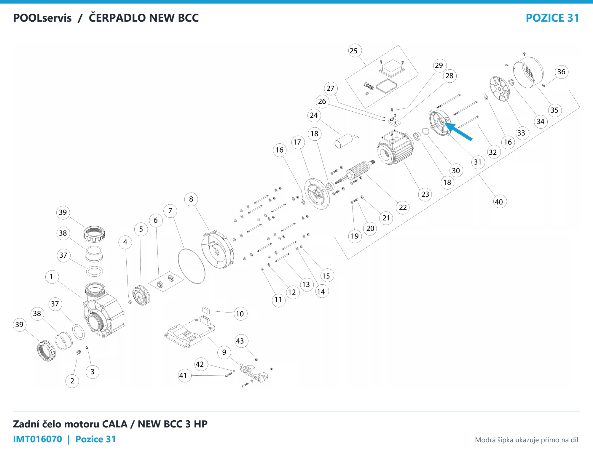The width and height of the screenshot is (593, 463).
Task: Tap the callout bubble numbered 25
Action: pos(353,51)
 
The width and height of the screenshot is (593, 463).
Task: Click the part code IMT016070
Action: pos(38,439)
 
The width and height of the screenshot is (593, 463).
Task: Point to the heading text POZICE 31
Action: pos(552,18)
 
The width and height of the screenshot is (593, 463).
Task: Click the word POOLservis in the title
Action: pos(42,18)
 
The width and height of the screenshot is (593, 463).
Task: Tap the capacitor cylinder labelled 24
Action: pos(344,141)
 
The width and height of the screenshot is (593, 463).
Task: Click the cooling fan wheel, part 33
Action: pos(500,89)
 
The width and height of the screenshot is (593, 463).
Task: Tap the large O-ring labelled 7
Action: pos(192,266)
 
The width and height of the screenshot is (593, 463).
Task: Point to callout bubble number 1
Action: pos(52,277)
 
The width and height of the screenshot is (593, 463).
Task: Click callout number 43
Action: pos(240,341)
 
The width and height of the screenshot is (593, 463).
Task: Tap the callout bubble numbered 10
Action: pos(240,314)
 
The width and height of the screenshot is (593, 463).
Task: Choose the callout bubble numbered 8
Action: pos(191,199)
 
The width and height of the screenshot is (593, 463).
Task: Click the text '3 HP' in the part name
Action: pos(196,424)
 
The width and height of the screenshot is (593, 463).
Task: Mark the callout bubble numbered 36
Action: pos(561,72)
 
